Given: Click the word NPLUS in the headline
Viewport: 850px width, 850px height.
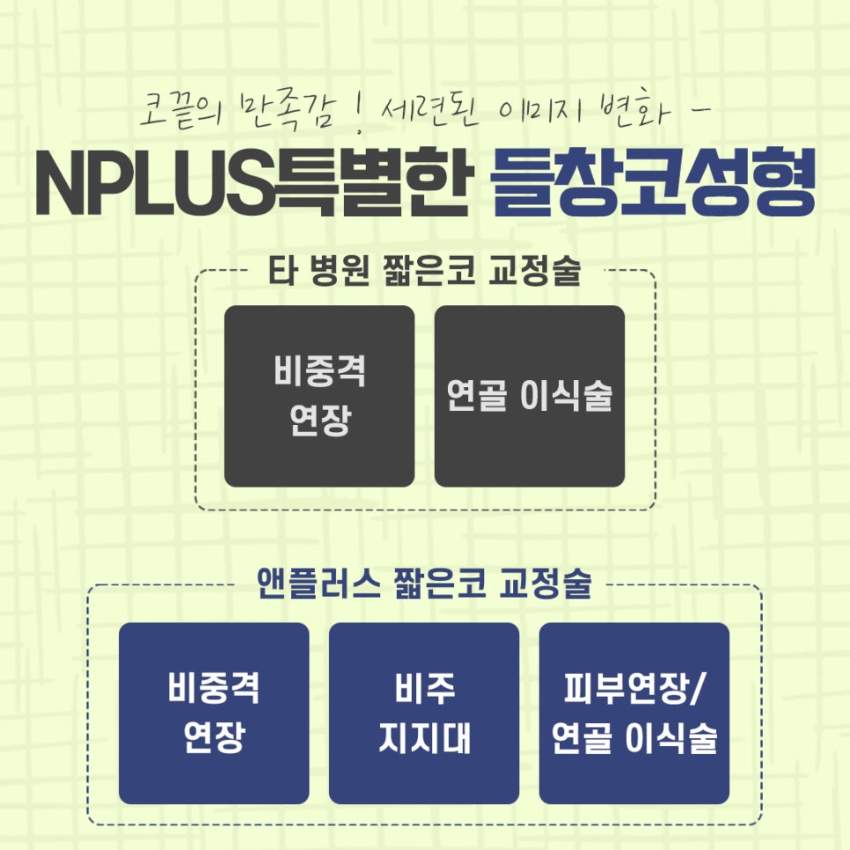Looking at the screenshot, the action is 156,183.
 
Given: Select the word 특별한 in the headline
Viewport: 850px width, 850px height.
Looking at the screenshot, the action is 371,182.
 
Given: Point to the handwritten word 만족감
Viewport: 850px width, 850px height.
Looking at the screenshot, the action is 287,112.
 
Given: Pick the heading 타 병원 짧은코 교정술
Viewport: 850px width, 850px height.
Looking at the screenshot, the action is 425,270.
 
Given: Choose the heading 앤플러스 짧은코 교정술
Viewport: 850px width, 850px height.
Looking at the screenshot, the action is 424,584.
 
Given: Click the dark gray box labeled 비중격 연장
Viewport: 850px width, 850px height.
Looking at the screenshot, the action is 319,396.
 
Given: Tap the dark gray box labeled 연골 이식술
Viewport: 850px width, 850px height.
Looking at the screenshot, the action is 530,396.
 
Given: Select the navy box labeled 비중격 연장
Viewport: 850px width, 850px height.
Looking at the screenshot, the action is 214,714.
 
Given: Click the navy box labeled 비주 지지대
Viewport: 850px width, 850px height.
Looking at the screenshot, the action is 424,714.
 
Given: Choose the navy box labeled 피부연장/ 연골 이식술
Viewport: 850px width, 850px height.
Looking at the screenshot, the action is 634,714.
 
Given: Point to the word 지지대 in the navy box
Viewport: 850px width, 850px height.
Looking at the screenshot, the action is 424,737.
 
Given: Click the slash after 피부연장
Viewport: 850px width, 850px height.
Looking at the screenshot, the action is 697,689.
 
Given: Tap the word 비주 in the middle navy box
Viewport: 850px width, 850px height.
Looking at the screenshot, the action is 424,688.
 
